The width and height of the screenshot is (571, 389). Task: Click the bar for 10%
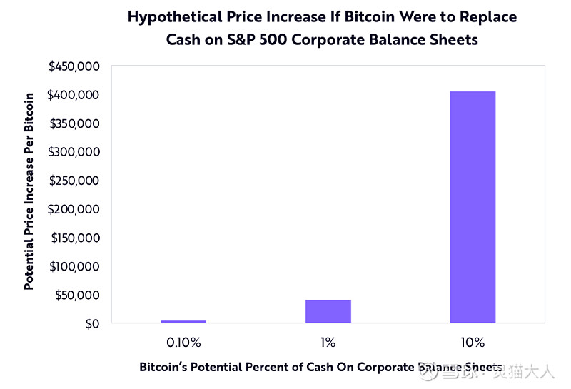point(473,207)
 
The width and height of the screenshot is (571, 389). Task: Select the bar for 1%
point(328,311)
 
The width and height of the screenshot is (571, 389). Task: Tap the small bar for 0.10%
point(183,321)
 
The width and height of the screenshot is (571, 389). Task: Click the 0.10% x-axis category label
point(183,343)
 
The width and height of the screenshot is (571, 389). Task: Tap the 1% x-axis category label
point(328,343)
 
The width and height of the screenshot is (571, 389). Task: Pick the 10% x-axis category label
point(473,343)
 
